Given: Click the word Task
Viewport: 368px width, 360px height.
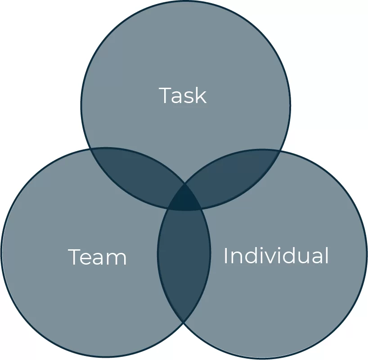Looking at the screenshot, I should [183, 95].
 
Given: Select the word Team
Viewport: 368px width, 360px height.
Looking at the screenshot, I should [97, 257].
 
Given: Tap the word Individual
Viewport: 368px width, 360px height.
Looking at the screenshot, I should [276, 256].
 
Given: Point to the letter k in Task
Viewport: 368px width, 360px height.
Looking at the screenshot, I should [201, 95].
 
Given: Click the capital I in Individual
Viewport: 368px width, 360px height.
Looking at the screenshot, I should [226, 256].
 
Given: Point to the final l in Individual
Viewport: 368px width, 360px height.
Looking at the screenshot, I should [327, 255].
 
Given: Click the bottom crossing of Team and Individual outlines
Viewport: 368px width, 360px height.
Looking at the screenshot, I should [184, 321].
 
